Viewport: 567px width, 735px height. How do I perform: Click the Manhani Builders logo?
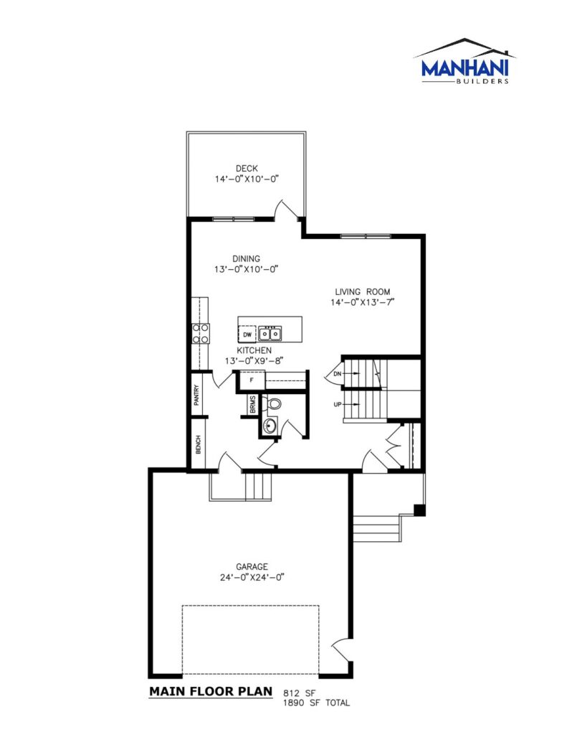[x=465, y=61]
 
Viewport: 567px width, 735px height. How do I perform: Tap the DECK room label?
[x=247, y=168]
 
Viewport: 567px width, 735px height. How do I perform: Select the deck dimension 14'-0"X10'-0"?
[x=247, y=179]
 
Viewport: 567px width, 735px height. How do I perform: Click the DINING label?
[x=247, y=258]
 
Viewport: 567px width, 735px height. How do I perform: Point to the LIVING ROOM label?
[x=363, y=291]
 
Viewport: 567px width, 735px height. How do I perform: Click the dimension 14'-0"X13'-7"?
[x=363, y=302]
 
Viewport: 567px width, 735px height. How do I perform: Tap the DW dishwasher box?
[x=247, y=334]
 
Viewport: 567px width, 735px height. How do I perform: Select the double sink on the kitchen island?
[x=270, y=333]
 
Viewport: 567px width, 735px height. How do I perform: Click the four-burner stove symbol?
[x=201, y=333]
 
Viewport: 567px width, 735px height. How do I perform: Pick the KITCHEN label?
[x=254, y=350]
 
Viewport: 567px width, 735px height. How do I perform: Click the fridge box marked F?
[x=252, y=380]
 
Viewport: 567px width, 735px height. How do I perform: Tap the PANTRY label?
[x=197, y=395]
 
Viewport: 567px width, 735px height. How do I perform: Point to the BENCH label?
[x=198, y=444]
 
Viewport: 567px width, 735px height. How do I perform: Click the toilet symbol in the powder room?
[x=273, y=403]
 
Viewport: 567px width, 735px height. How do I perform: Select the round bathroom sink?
[x=270, y=426]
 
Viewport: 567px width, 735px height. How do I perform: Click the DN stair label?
[x=337, y=374]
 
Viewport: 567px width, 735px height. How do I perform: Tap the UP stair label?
[x=338, y=405]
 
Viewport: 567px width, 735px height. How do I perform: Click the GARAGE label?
[x=252, y=567]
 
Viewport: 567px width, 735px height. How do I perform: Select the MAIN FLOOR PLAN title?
[x=211, y=691]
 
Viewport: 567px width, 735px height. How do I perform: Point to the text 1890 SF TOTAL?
[x=317, y=703]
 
